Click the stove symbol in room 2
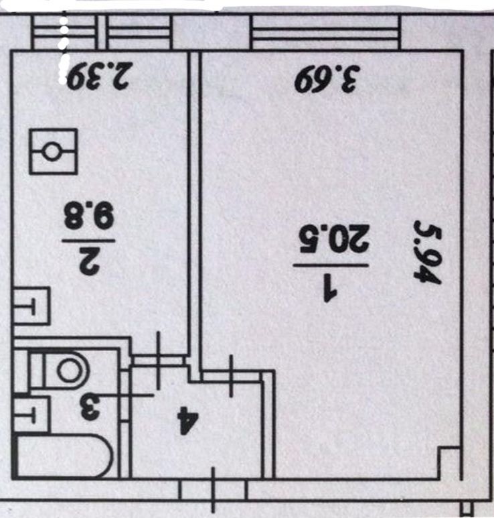click(53, 151)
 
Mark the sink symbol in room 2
click(31, 307)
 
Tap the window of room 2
click(100, 34)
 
